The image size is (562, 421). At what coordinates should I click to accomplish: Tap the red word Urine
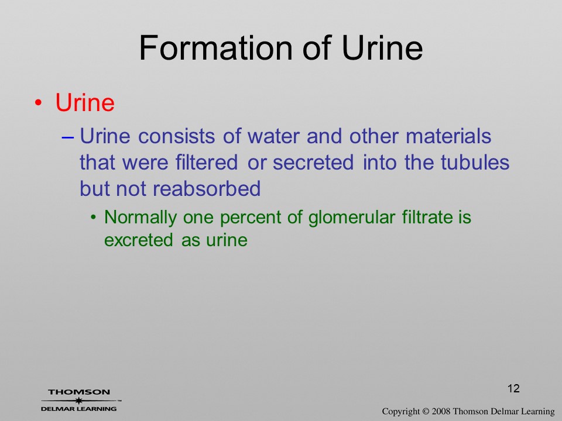85,102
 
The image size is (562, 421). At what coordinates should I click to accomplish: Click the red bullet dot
39,103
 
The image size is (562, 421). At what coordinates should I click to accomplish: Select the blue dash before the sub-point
68,137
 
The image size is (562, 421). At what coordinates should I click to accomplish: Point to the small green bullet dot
93,218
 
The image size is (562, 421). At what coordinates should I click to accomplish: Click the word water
273,136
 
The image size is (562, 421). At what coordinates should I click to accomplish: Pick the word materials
448,136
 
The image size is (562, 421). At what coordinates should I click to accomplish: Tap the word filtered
207,162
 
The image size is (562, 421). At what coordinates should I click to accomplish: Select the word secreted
313,162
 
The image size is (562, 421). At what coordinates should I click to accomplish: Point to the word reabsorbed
207,188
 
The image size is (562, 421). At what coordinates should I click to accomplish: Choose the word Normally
140,218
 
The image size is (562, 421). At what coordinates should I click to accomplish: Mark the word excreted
139,240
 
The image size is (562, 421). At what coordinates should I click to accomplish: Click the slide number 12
513,388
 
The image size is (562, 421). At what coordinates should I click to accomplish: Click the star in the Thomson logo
79,401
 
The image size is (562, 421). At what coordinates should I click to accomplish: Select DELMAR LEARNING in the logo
78,409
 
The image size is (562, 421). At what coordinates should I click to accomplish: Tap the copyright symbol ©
426,412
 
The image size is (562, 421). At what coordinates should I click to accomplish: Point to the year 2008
441,412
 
